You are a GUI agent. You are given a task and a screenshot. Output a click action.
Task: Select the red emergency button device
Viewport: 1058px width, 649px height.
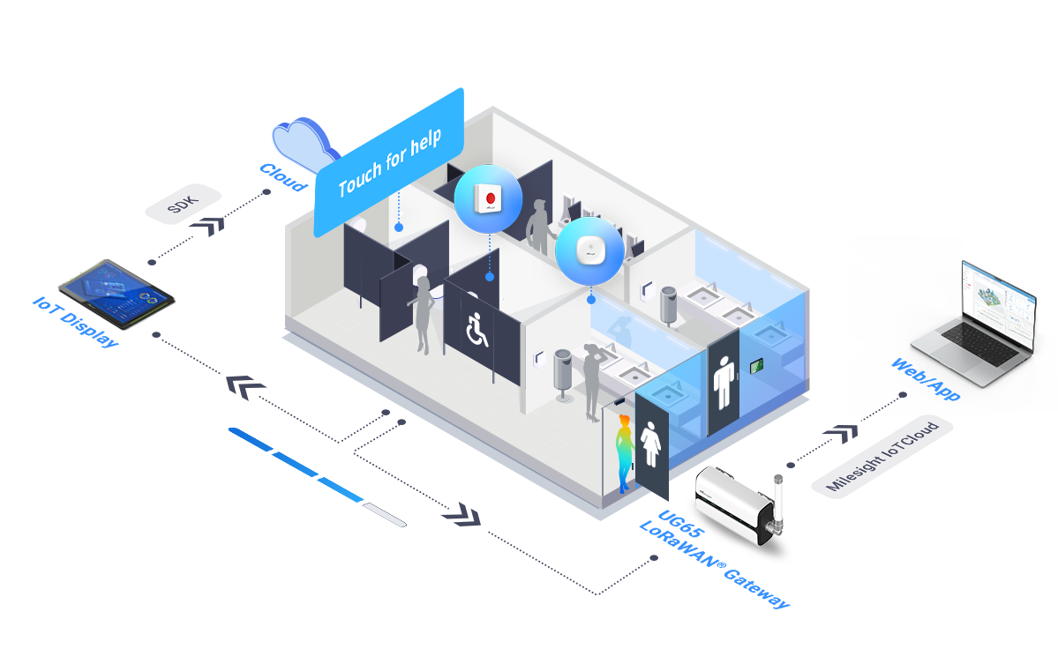click(489, 198)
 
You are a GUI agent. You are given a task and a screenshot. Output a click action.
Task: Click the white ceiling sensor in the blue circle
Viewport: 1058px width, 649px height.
click(589, 250)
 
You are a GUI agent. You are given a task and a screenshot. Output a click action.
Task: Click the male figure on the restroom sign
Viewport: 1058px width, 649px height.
click(723, 382)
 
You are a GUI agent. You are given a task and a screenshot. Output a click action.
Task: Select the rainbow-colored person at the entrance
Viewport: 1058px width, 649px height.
click(624, 452)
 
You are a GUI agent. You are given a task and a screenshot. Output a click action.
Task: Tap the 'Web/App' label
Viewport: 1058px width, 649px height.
click(925, 380)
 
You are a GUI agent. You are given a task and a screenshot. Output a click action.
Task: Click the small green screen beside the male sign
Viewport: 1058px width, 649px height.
click(756, 365)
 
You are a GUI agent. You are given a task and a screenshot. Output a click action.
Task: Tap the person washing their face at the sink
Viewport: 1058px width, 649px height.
click(592, 380)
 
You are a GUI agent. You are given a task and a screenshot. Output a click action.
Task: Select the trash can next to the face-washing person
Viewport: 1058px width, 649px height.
click(562, 374)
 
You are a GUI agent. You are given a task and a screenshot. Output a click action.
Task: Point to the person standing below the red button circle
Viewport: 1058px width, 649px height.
click(537, 228)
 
